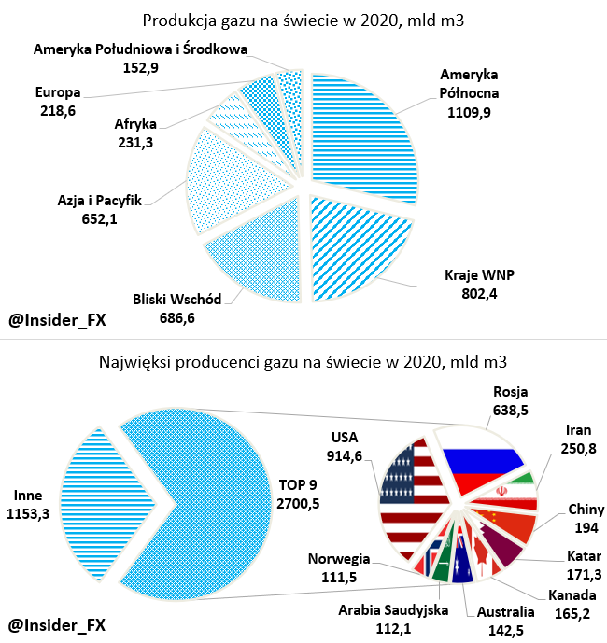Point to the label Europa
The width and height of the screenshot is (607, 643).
click(x=58, y=92)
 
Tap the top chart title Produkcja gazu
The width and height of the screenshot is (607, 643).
click(x=303, y=20)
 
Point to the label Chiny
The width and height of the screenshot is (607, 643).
click(x=586, y=510)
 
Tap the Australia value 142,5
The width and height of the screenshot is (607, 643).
click(x=505, y=629)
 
